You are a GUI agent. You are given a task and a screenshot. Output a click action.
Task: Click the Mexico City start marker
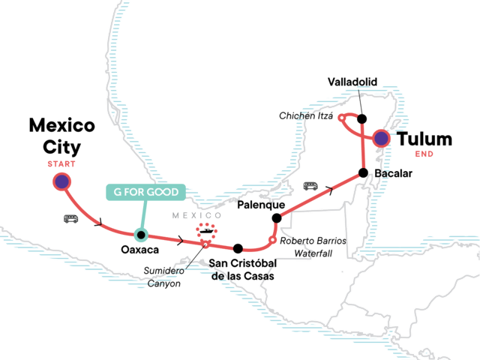61,181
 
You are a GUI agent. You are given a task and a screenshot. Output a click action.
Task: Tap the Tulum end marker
382,138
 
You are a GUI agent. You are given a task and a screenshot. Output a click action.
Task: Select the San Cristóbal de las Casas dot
238,248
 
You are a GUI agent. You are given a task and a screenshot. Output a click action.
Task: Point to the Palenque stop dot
277,218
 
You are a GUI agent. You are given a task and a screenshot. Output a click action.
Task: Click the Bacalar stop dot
363,173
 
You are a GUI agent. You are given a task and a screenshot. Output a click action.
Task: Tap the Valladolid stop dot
362,118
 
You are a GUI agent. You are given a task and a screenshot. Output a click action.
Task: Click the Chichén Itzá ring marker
341,118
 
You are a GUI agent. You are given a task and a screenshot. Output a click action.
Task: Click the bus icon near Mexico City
72,219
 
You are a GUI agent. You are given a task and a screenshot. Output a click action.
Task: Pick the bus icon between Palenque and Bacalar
310,185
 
